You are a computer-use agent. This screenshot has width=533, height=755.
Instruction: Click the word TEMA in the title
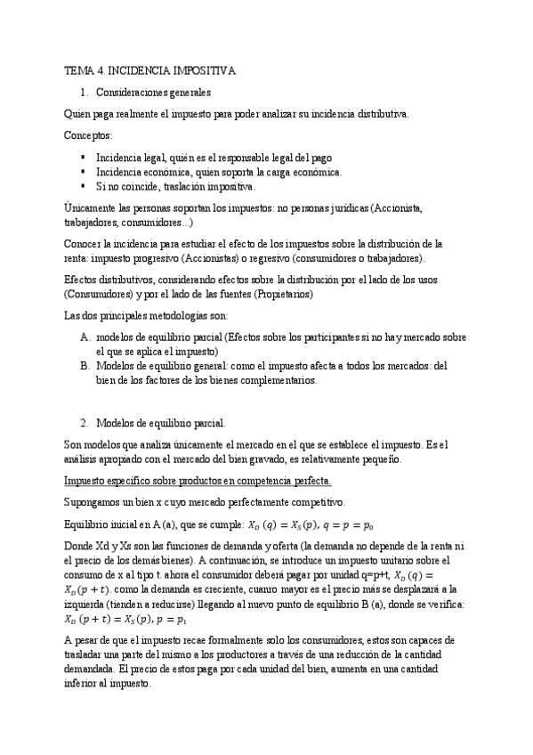(78, 69)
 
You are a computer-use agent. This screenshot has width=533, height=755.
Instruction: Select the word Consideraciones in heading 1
(130, 92)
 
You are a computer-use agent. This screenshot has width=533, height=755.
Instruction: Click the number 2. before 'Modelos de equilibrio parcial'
(84, 423)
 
